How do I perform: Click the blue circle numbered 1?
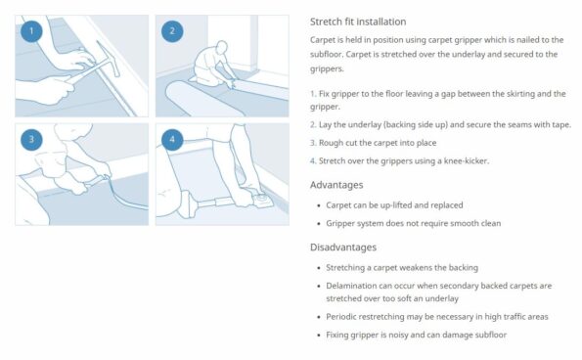31,31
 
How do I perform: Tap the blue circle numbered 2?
172,31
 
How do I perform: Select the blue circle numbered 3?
31,140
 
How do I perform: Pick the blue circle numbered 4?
172,140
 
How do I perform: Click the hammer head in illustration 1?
109,59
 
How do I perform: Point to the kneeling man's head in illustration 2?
222,47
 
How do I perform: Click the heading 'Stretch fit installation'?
358,22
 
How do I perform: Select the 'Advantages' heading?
336,185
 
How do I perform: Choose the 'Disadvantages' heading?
343,247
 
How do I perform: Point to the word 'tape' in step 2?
560,125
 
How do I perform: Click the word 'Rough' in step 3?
331,143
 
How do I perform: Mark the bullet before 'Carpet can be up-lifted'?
319,205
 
